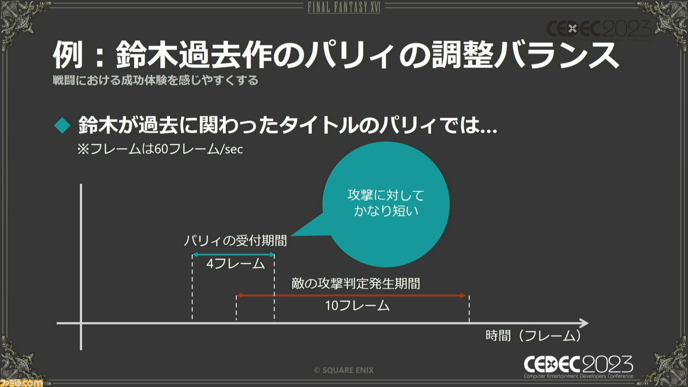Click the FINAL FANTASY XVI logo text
344,8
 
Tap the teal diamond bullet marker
63,125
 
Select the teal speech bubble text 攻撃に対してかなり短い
386,203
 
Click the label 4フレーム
235,264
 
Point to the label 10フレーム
357,306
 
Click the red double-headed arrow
352,296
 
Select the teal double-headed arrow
233,255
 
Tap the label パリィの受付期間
235,241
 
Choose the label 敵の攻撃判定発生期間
356,283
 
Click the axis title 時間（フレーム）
534,336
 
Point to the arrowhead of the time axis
584,323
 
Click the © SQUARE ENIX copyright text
343,370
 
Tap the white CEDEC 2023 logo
578,367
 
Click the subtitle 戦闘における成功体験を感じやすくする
155,81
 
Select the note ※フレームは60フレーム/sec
160,149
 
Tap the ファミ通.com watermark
21,383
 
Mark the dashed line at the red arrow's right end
469,309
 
